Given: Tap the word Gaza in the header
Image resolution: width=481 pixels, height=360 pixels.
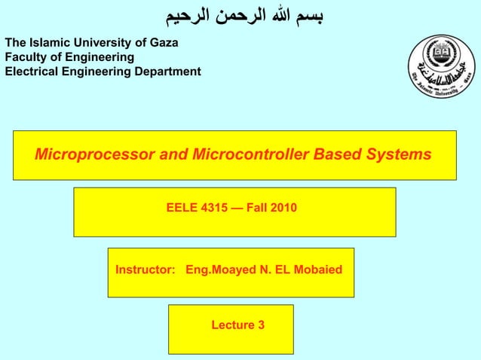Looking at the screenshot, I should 163,42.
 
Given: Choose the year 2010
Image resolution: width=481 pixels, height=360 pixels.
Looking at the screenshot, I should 282,207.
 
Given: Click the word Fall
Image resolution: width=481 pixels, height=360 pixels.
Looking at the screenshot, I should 256,207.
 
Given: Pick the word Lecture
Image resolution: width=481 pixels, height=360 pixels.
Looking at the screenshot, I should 232,325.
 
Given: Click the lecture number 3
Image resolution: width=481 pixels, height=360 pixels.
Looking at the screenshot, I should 261,325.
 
